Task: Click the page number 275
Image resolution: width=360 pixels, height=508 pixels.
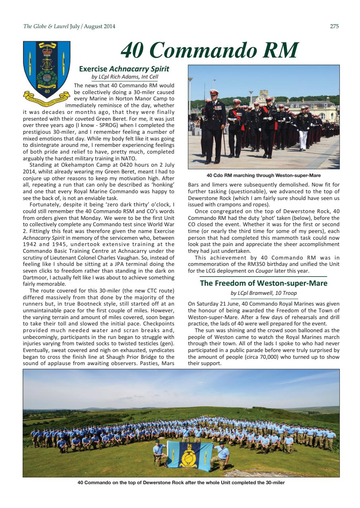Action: (334, 27)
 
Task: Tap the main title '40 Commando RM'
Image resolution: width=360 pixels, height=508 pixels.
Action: (209, 50)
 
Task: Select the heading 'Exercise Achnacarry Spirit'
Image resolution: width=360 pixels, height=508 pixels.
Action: (124, 69)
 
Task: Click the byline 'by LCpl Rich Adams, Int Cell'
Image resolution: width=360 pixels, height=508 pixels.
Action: (125, 77)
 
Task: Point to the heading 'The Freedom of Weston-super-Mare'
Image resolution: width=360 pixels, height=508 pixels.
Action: (264, 283)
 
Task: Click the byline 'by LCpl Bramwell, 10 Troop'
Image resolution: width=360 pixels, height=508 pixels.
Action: (264, 293)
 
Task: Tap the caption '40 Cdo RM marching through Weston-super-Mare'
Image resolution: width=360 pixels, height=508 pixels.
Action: (264, 175)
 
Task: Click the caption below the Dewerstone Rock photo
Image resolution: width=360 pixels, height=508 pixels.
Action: (181, 483)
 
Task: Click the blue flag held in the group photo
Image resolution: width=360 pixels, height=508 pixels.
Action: (189, 454)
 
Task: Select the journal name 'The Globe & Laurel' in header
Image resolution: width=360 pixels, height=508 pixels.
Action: (46, 27)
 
